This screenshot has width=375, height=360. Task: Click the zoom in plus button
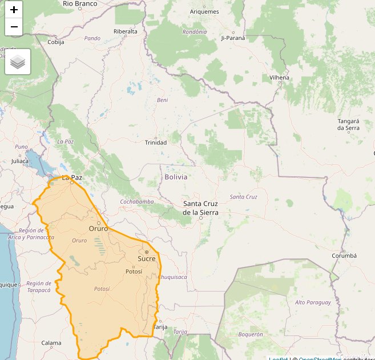click(14, 10)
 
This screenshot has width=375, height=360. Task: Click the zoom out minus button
click(14, 27)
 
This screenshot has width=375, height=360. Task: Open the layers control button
click(18, 62)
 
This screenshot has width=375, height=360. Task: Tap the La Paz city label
click(72, 178)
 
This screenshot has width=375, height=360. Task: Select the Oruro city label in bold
click(98, 229)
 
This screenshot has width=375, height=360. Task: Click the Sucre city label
click(146, 259)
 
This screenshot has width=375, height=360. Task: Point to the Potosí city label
click(134, 272)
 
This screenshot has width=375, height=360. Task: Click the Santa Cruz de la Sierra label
click(200, 208)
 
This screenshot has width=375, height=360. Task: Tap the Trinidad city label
click(156, 143)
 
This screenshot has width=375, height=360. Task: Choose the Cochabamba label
click(137, 202)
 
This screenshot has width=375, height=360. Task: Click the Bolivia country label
click(176, 177)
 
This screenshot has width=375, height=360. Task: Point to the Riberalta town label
click(126, 31)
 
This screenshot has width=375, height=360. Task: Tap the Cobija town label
click(56, 42)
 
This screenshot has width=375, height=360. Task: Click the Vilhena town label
click(280, 78)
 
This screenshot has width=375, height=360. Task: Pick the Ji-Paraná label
click(232, 38)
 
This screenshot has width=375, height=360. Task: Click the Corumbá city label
click(344, 256)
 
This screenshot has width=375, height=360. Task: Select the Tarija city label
click(161, 327)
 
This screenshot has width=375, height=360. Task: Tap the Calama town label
click(51, 343)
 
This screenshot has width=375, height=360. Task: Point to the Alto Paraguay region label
click(313, 302)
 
